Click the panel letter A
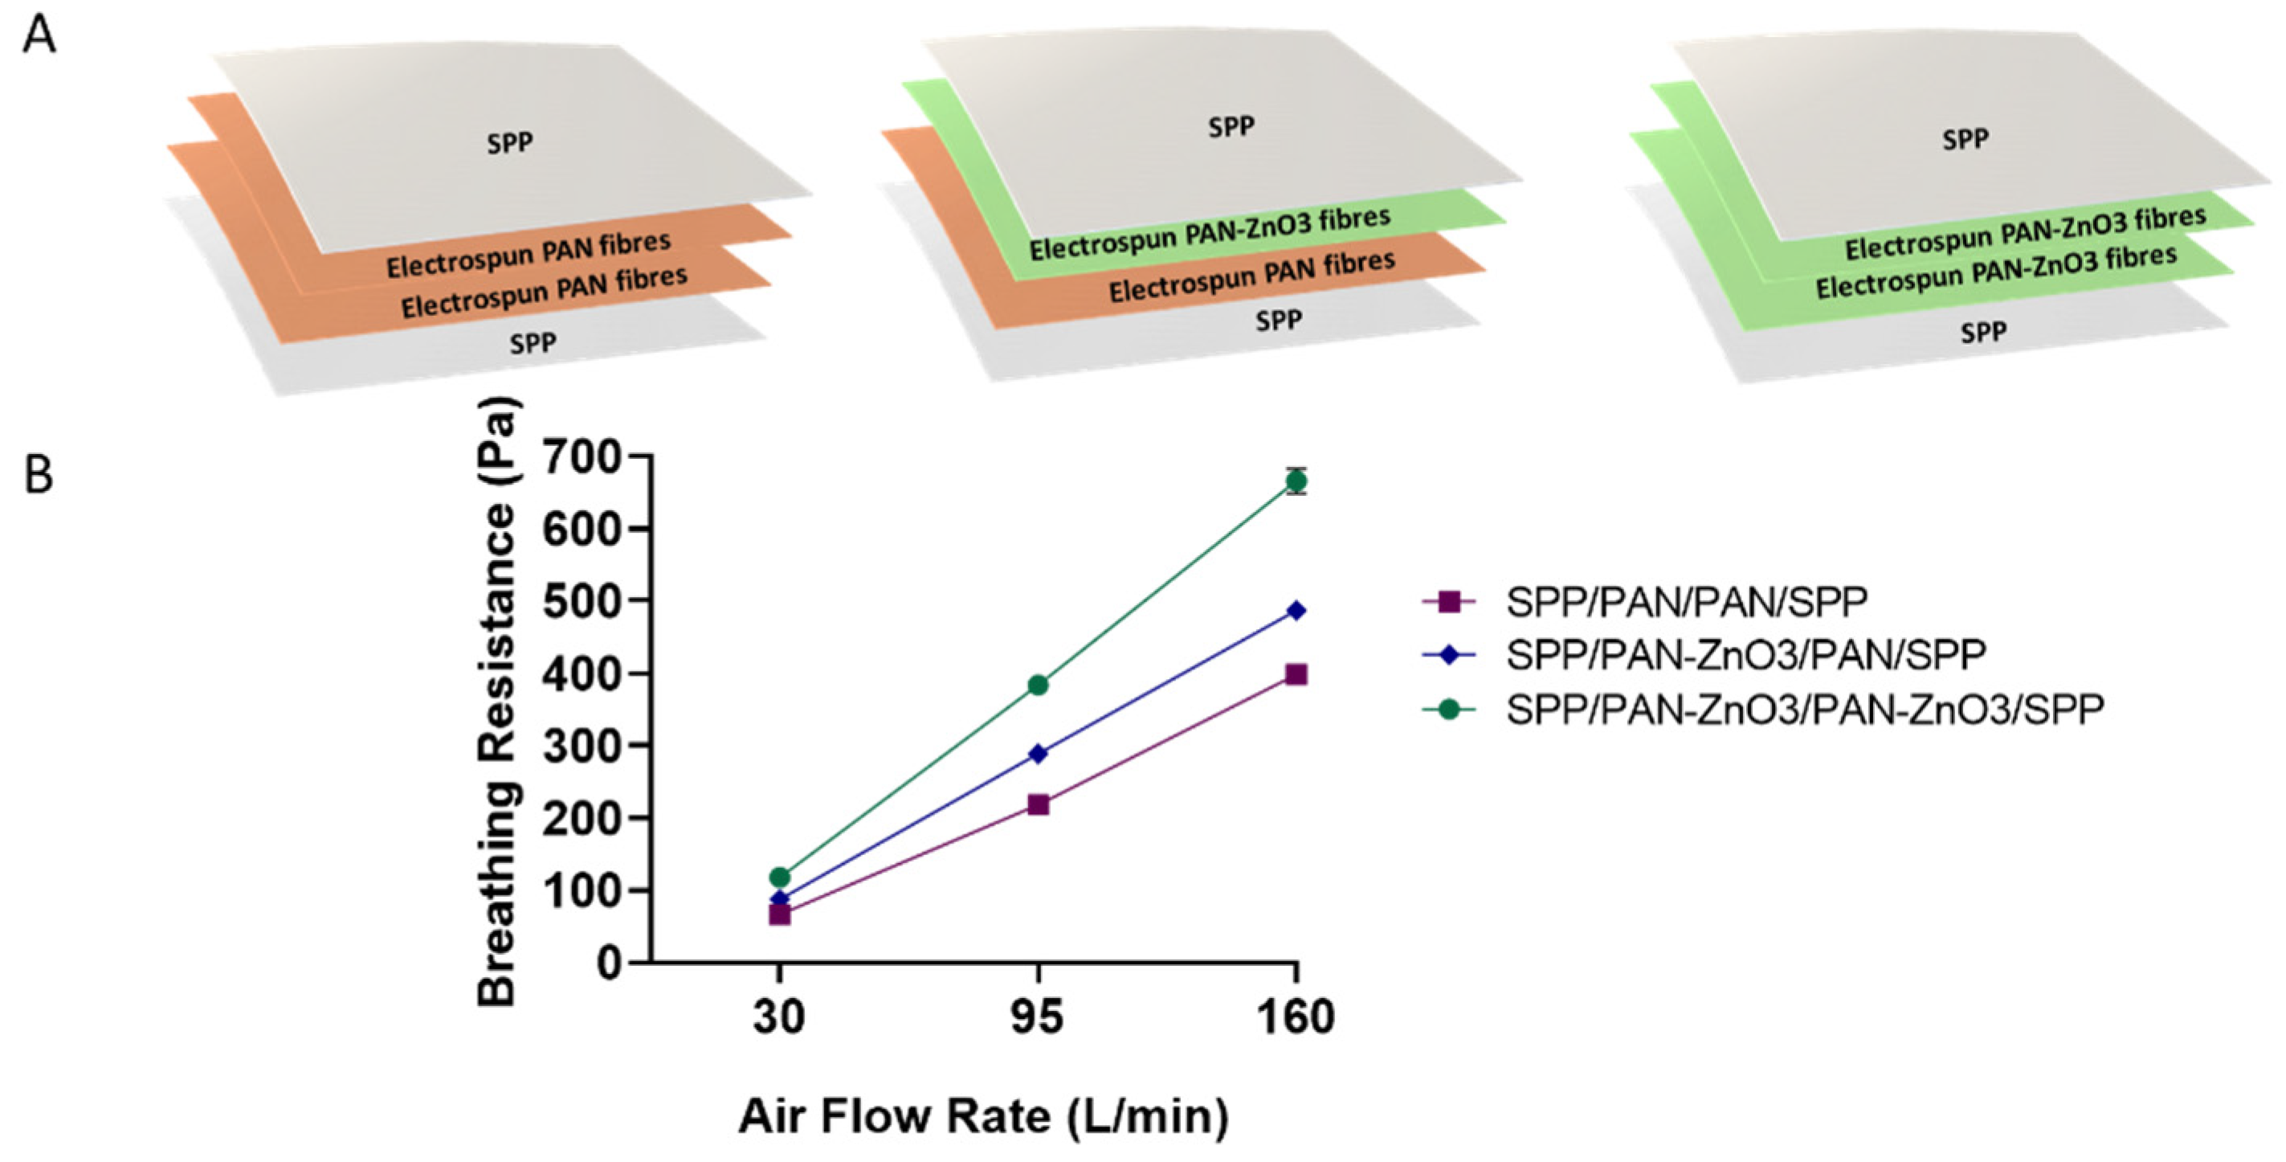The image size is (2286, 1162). tap(39, 37)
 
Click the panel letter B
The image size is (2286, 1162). tap(39, 475)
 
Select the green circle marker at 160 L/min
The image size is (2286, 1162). tap(1296, 481)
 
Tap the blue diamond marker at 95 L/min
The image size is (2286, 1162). tap(1038, 754)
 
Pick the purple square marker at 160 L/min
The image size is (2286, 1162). tap(1296, 675)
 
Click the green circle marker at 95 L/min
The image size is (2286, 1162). tap(1038, 685)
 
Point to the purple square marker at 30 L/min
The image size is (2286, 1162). tap(779, 914)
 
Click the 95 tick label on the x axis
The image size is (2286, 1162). tap(1036, 1017)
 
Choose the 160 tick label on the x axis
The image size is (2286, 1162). tap(1296, 1017)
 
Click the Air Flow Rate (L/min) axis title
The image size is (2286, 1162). tap(982, 1116)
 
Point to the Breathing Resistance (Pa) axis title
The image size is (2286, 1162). tap(497, 702)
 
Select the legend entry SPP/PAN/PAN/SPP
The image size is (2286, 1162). tap(1686, 602)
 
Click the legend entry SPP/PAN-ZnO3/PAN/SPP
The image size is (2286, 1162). tap(1745, 654)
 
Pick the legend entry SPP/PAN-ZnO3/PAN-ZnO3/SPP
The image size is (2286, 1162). tap(1805, 709)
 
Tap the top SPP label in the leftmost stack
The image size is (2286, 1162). tap(509, 142)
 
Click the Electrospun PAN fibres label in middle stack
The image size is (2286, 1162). tap(1251, 276)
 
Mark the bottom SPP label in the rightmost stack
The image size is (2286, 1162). tap(1982, 332)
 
